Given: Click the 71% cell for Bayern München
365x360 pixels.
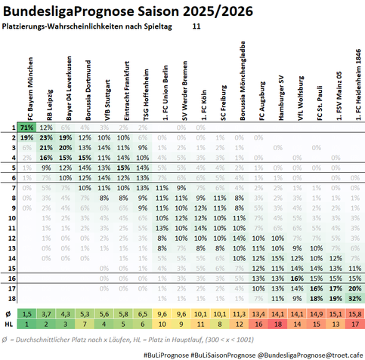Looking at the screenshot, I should pyautogui.click(x=26, y=128).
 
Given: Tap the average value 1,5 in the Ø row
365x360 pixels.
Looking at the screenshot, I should pyautogui.click(x=26, y=313).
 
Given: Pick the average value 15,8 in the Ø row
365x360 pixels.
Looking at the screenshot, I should pyautogui.click(x=354, y=313).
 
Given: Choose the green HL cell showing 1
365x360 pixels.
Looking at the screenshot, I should pyautogui.click(x=26, y=323).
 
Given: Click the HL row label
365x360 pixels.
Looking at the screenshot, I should pyautogui.click(x=8, y=323).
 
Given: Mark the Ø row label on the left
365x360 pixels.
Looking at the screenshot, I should pyautogui.click(x=8, y=313).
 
